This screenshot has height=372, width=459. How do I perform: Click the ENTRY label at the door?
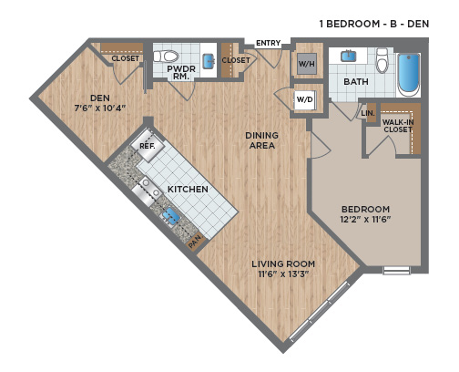(x=268, y=43)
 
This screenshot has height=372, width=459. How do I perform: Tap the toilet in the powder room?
(x=166, y=57)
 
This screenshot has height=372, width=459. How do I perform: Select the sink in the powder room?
(x=209, y=61)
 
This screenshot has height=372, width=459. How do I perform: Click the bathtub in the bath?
(x=409, y=75)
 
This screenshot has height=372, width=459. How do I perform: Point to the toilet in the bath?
(x=382, y=61)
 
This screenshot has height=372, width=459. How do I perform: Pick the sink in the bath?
(x=349, y=57)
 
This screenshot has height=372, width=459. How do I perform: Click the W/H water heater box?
(x=307, y=64)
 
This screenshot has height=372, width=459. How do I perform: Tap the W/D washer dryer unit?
(x=305, y=99)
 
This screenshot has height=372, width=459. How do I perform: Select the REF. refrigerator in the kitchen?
(x=148, y=146)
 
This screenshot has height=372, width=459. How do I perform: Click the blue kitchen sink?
(x=170, y=216)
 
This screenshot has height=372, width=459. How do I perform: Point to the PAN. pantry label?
(x=195, y=243)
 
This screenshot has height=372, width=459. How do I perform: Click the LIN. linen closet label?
(x=368, y=113)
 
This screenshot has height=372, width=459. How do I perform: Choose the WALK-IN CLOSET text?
(x=398, y=126)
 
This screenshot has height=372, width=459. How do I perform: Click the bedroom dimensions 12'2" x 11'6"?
(x=365, y=219)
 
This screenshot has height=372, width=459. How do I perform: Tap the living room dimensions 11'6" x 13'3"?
(x=283, y=274)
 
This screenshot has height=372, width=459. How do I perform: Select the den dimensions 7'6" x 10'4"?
(x=100, y=108)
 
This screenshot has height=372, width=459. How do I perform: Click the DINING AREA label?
(x=262, y=140)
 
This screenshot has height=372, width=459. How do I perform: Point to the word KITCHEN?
(x=188, y=189)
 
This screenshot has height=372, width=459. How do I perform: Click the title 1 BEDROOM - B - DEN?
(x=374, y=24)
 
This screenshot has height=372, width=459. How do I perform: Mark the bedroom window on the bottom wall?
(x=396, y=270)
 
